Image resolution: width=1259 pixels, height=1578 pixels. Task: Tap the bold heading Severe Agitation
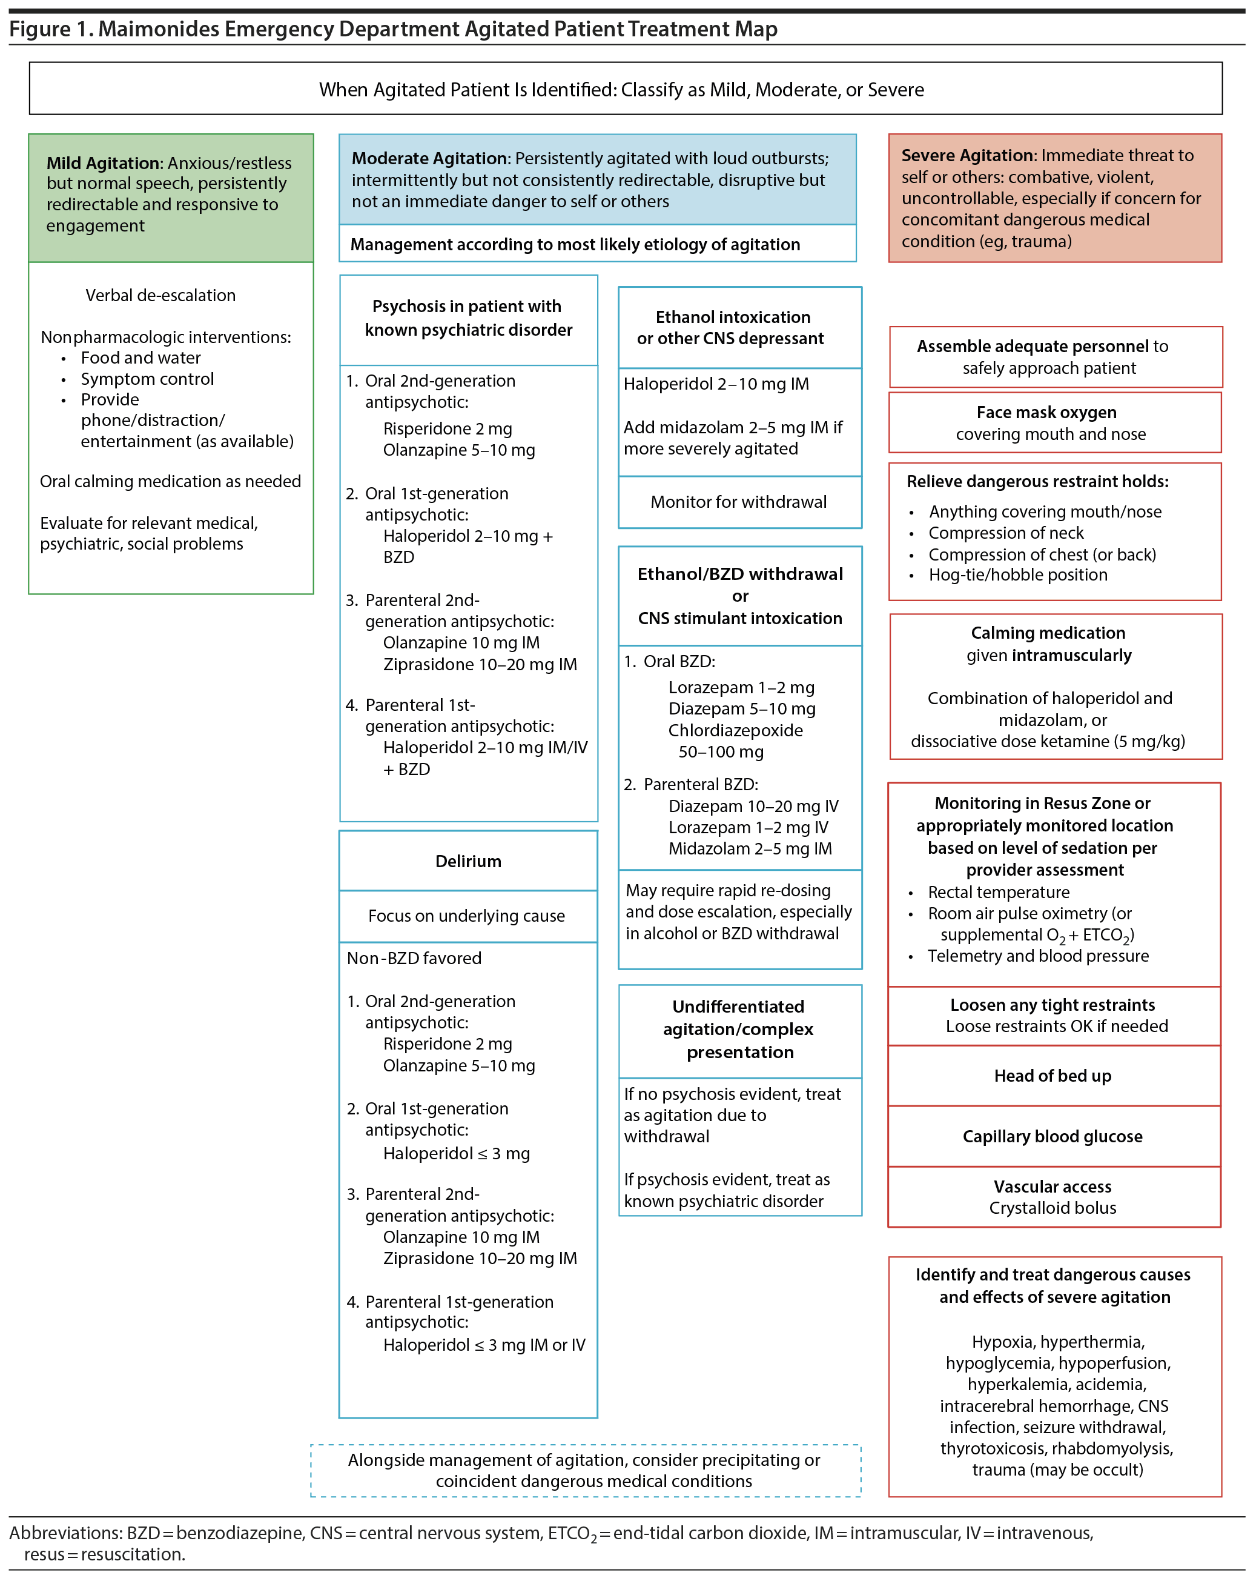click(968, 155)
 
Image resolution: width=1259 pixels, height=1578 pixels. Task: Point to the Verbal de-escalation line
click(160, 295)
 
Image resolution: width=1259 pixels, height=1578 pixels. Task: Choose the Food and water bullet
click(140, 358)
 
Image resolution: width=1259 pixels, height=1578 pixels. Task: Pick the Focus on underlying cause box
click(467, 916)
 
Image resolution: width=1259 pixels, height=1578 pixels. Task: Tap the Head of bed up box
click(1052, 1076)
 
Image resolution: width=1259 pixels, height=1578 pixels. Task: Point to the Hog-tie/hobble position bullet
click(1017, 575)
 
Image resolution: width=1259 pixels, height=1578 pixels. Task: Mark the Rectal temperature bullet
click(999, 892)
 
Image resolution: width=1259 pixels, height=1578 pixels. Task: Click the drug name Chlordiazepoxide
click(735, 730)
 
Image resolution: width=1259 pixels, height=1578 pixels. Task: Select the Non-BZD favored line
click(414, 959)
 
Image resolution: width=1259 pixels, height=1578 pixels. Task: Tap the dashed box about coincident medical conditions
click(585, 1470)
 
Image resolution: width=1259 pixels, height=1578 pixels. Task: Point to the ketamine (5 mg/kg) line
click(1048, 741)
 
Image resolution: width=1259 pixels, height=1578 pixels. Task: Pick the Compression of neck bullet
click(1006, 533)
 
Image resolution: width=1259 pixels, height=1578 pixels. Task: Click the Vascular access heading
click(1052, 1187)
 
